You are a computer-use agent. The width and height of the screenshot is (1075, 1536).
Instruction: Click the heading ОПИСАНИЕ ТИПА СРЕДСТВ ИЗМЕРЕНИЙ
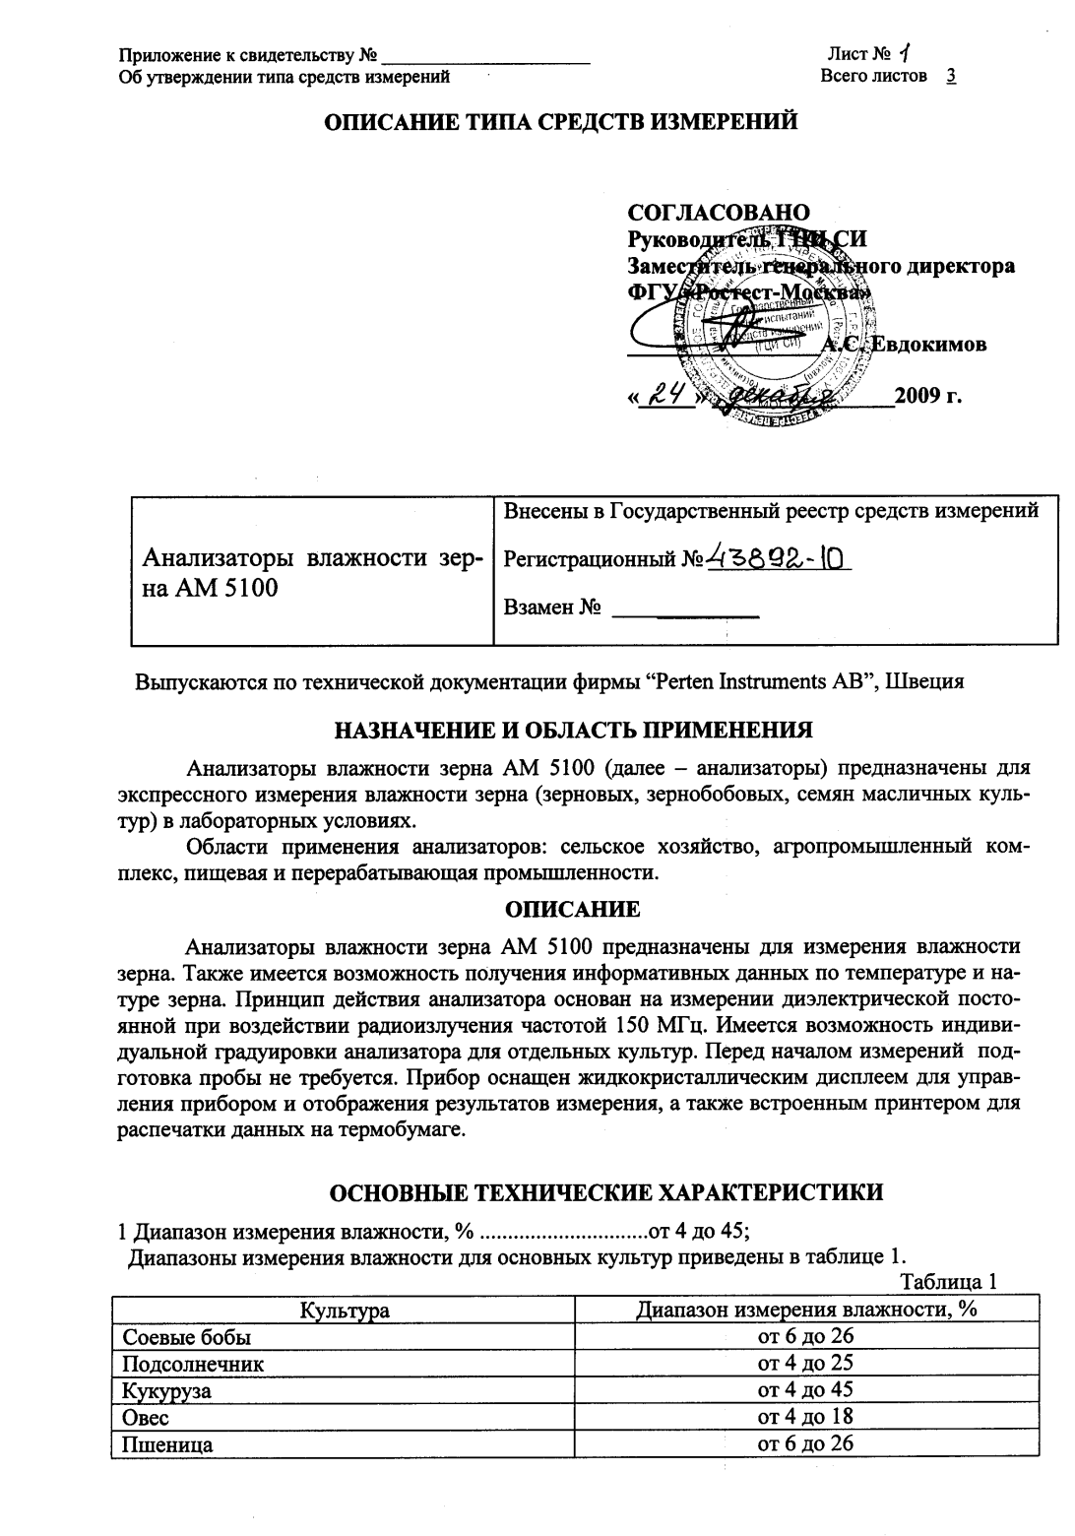pos(561,122)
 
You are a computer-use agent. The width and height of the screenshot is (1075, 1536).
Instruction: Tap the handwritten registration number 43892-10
pos(778,558)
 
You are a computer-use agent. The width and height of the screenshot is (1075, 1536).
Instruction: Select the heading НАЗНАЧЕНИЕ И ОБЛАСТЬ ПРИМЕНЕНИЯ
pos(574,730)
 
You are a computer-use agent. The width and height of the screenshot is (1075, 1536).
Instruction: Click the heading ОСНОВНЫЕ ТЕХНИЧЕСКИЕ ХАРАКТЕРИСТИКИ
pos(605,1192)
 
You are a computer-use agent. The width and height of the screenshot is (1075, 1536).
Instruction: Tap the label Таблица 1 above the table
pos(949,1282)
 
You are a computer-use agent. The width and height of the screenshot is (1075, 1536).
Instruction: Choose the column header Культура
pos(345,1311)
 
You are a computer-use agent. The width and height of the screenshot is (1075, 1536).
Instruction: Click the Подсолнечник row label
pos(192,1364)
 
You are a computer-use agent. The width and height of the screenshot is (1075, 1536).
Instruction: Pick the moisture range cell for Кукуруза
pos(805,1390)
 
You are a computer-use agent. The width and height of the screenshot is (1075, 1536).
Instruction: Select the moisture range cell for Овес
pos(805,1417)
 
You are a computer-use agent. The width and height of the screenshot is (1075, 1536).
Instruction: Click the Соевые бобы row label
pos(186,1337)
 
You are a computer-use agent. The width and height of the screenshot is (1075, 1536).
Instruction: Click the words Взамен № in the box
pos(552,608)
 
